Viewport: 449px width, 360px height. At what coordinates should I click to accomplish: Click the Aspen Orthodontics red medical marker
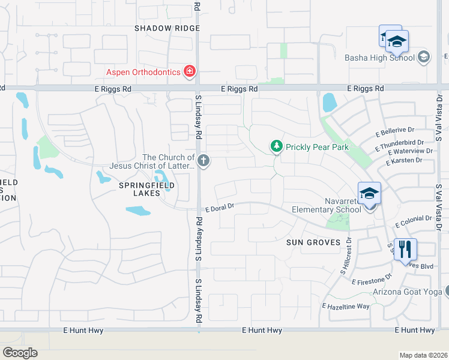tap(190, 72)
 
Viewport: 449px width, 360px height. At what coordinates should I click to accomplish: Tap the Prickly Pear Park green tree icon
tap(276, 146)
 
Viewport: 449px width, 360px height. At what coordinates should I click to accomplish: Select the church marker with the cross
tap(203, 160)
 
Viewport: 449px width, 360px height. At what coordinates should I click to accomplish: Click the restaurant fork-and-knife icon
tap(406, 248)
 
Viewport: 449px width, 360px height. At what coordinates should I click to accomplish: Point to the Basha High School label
tap(379, 58)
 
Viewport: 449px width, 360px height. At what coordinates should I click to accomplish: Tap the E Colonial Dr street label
tap(414, 221)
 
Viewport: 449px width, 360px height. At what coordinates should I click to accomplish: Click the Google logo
tap(20, 353)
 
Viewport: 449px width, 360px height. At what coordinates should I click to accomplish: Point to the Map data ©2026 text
tap(423, 355)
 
